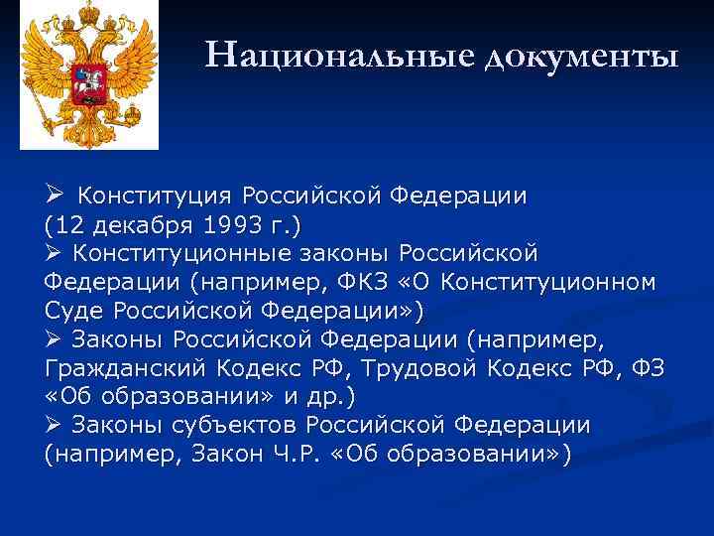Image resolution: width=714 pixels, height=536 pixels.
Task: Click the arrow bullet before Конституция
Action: coord(56,195)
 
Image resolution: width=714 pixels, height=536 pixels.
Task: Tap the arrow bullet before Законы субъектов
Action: coord(56,425)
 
